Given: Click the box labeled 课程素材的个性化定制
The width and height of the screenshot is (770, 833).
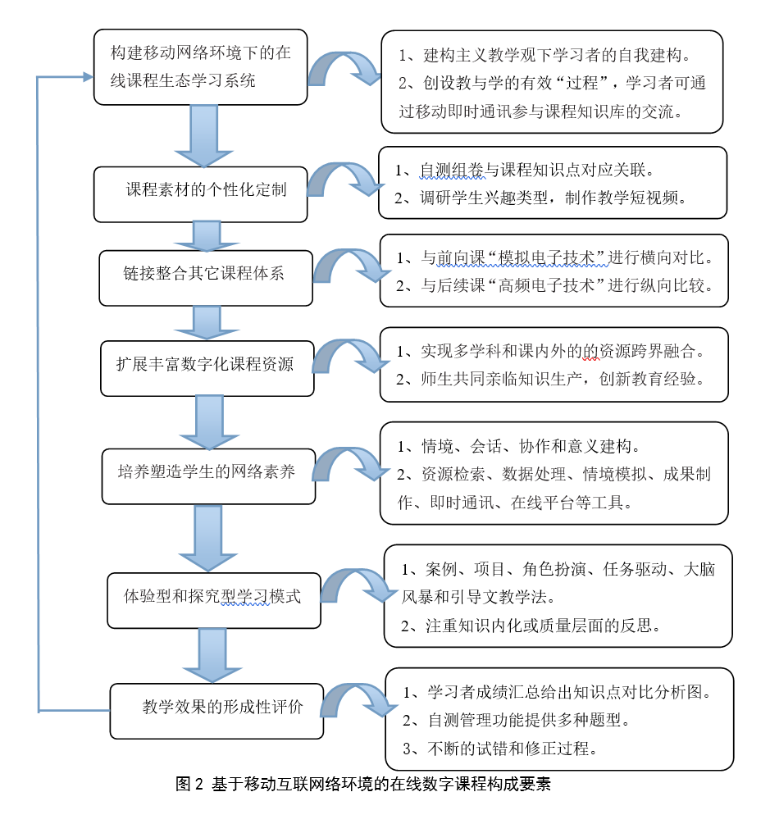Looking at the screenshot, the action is [x=200, y=194].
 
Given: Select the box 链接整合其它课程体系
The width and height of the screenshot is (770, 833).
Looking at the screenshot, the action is [x=206, y=278].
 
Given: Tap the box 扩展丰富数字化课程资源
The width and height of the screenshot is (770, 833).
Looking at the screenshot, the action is [x=207, y=368].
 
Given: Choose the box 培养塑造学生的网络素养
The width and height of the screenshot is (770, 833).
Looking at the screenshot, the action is [x=209, y=476].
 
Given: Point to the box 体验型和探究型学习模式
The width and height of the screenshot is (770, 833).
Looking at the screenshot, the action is [x=214, y=600].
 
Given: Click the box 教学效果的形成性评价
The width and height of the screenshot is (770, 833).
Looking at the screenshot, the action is [x=216, y=711].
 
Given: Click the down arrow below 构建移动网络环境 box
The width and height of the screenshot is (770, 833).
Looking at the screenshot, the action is [x=203, y=136].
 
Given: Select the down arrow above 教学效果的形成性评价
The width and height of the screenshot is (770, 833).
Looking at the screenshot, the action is [x=212, y=656].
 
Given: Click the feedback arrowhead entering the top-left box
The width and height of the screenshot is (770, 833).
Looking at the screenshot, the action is [x=89, y=77].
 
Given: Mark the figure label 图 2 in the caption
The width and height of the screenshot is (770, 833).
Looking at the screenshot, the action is [x=189, y=784].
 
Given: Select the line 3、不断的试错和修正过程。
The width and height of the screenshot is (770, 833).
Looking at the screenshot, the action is [x=500, y=749].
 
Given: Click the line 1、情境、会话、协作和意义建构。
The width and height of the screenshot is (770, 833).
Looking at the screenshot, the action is [x=519, y=446].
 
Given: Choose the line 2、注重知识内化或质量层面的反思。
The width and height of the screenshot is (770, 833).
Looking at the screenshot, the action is [x=531, y=626].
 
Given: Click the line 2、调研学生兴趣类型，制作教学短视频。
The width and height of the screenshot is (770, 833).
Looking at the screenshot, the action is [x=541, y=198].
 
